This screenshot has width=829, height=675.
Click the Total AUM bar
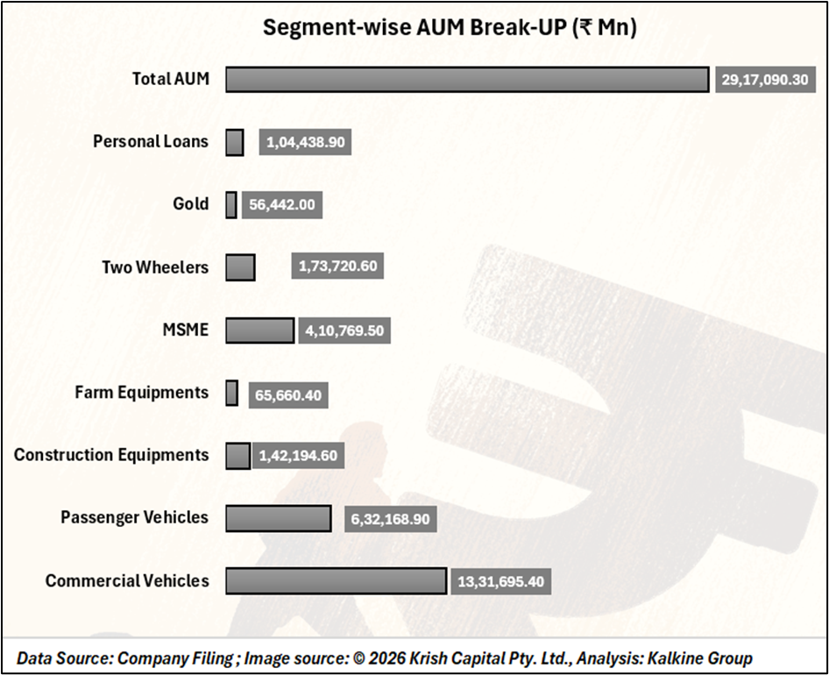coord(467,80)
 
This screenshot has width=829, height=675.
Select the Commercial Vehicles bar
coord(337,581)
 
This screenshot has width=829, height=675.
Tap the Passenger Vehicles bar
coord(279,518)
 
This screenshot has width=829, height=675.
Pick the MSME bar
coord(260,330)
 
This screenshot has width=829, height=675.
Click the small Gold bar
coord(231,205)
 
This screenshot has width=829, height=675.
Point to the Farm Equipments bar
coord(231,393)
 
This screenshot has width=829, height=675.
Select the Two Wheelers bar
coord(241,267)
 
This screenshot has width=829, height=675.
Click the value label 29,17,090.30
coord(765,80)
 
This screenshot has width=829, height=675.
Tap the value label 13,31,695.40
coord(500,581)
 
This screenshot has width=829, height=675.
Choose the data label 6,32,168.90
coord(390,519)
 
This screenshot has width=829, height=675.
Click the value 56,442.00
coord(282,205)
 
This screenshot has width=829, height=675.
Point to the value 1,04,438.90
coord(305,142)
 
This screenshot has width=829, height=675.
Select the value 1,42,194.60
coord(298,456)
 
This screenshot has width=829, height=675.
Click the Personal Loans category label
coord(151,142)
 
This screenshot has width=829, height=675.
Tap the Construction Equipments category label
coord(111,455)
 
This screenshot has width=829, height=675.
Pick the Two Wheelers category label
coord(155,267)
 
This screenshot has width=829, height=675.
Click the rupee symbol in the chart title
coord(585,27)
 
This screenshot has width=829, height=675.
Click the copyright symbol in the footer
coord(359,658)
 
